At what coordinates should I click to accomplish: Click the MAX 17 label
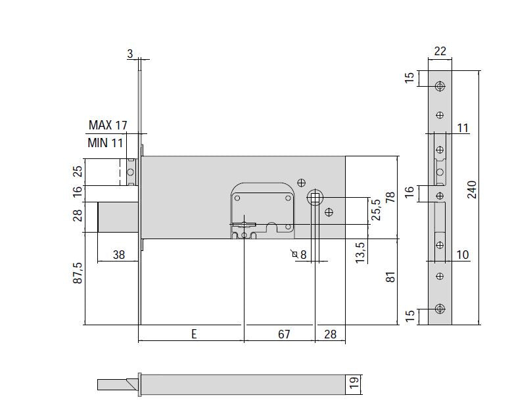108,125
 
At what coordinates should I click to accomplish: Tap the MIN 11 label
105,143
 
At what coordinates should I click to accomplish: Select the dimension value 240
472,189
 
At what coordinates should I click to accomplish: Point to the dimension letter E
194,334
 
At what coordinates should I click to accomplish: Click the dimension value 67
284,334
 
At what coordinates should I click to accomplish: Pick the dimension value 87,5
78,273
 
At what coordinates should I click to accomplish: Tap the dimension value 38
118,255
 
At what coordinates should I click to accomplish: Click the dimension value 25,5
376,210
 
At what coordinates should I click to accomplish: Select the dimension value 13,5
360,252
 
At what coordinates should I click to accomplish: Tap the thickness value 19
354,382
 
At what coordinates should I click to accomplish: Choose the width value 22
440,51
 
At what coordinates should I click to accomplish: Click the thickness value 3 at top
130,53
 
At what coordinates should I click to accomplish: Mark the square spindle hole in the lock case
315,197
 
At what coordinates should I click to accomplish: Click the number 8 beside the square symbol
304,255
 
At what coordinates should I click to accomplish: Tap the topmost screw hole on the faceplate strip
440,87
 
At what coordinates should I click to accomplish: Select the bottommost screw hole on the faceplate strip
440,308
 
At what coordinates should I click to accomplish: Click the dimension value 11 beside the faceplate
462,128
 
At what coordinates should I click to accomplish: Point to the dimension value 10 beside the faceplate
462,255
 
